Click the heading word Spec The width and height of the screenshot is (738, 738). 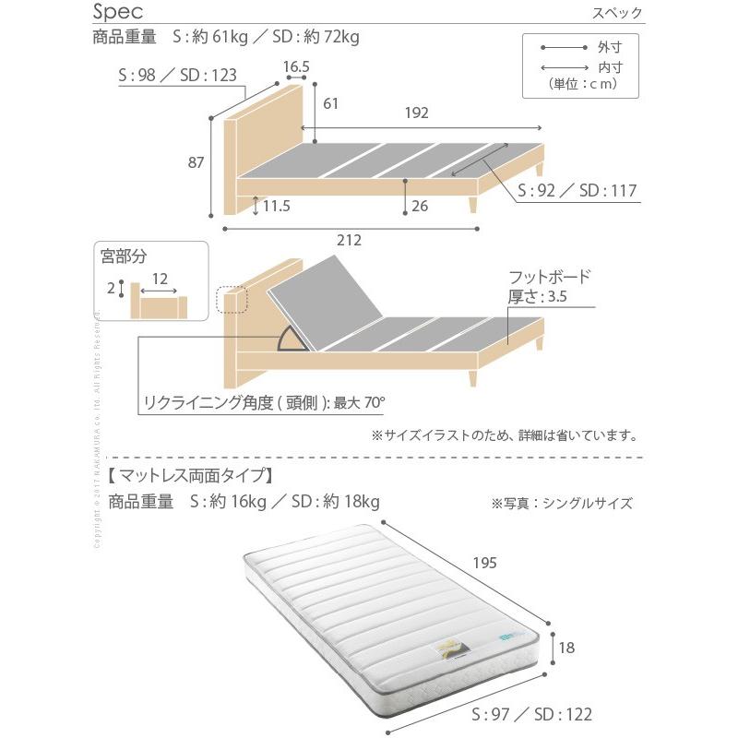(116, 12)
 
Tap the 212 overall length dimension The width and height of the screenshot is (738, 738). (348, 240)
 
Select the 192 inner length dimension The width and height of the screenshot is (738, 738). (417, 113)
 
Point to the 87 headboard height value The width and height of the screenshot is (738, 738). (196, 163)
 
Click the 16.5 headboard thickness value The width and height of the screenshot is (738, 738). (295, 66)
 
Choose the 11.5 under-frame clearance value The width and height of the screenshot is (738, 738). (276, 207)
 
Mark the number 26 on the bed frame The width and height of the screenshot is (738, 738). (420, 207)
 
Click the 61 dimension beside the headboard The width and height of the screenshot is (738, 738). (330, 103)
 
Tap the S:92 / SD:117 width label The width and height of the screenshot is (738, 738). (577, 191)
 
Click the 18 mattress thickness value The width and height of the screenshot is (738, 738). (567, 648)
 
